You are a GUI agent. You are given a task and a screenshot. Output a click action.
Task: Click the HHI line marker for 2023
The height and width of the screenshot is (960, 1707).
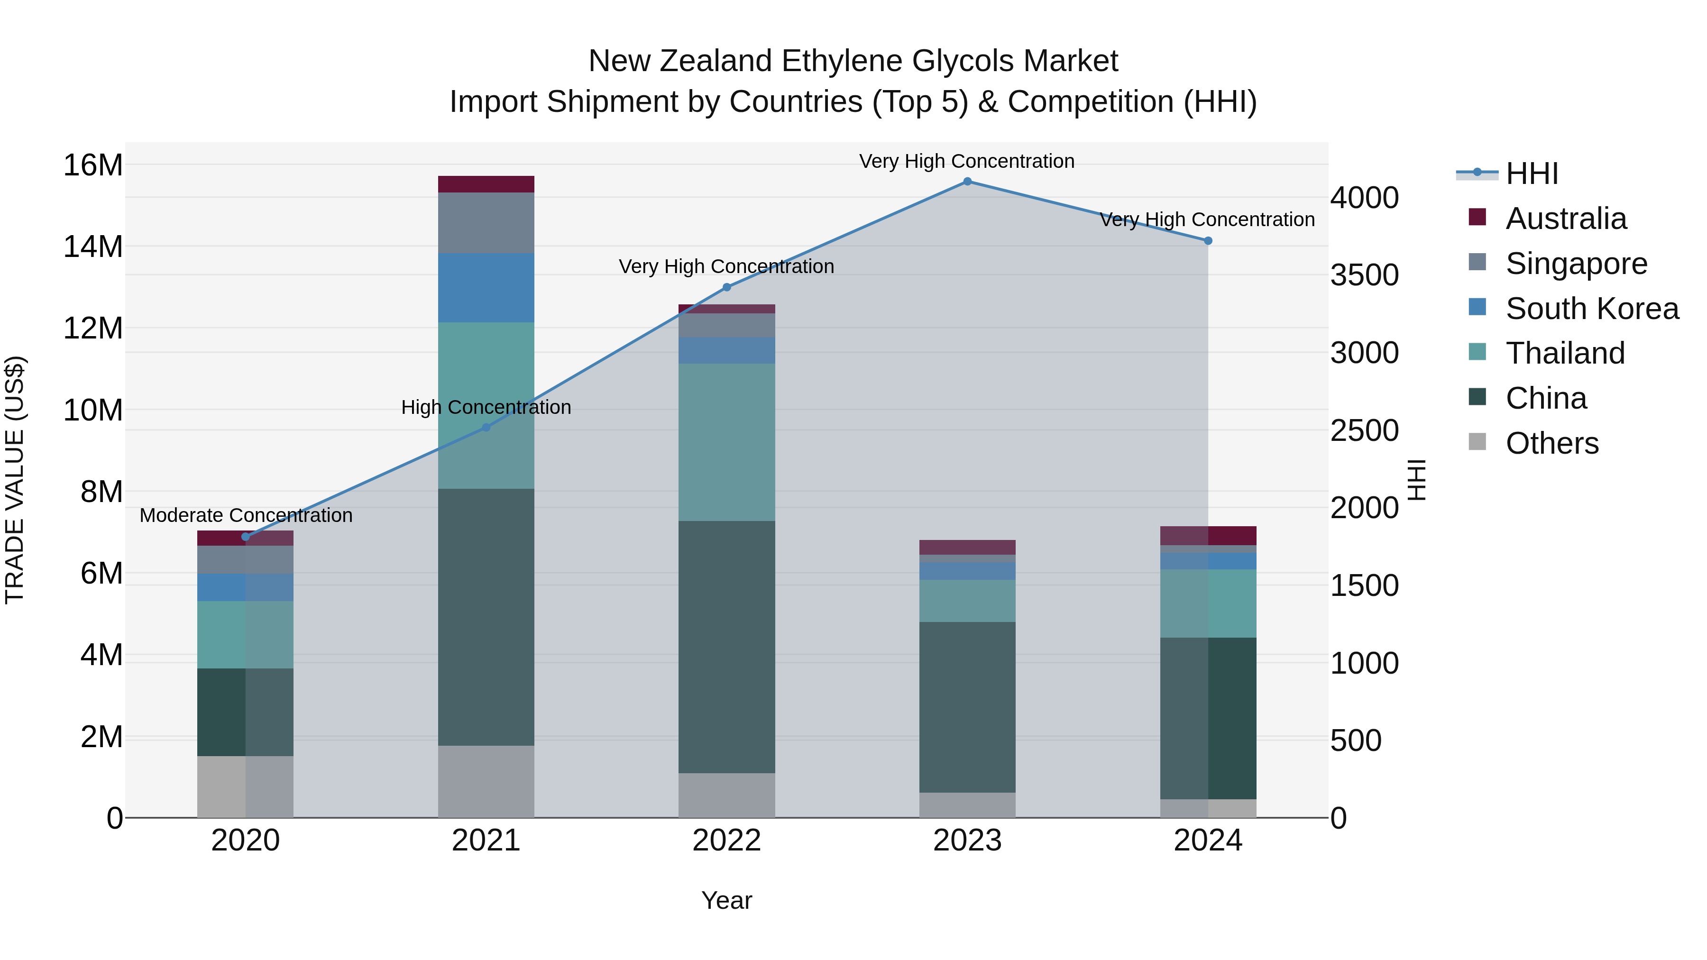967,182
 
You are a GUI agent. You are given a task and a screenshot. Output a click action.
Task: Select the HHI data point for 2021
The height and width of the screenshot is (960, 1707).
486,427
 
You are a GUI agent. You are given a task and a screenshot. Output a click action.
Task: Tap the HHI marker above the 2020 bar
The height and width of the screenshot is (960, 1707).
246,537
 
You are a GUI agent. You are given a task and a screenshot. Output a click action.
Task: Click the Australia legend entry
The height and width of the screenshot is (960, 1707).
1565,219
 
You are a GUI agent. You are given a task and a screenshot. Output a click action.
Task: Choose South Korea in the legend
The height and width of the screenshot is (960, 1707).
1592,309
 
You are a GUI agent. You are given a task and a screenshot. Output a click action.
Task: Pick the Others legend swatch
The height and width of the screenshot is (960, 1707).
1477,442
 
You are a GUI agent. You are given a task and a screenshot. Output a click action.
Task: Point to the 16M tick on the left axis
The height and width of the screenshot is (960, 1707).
93,165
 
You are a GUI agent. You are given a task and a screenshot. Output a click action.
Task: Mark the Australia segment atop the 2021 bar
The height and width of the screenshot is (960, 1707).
486,184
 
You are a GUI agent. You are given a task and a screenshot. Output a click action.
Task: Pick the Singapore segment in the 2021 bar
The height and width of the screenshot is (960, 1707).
486,223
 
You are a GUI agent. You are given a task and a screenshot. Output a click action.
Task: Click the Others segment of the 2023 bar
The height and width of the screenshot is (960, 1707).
967,805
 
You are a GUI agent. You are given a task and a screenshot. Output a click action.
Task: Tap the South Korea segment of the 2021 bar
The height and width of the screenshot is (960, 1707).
486,288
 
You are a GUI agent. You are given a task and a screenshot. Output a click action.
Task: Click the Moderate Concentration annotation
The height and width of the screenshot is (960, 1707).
246,515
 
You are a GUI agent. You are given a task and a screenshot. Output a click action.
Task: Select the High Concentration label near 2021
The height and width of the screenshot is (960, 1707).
486,407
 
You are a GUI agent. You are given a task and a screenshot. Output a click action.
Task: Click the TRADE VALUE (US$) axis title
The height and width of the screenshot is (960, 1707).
15,480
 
